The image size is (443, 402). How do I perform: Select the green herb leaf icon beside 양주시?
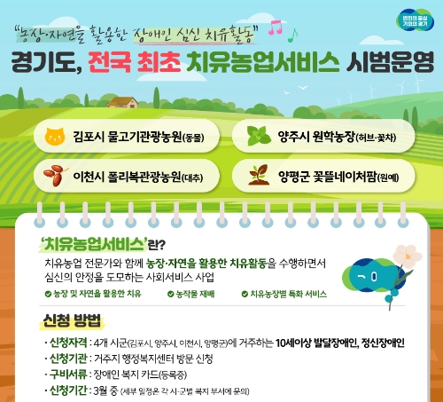tap(260, 138)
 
